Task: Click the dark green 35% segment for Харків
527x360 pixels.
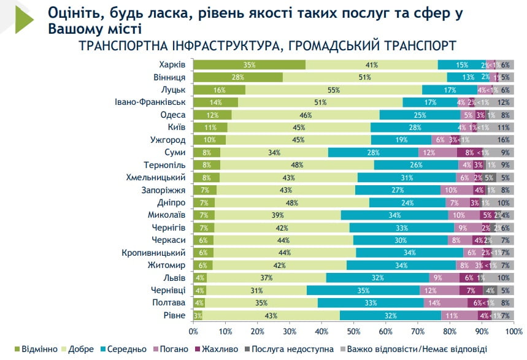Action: click(249, 65)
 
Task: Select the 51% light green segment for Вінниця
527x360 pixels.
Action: click(364, 77)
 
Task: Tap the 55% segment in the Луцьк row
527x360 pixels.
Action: click(333, 90)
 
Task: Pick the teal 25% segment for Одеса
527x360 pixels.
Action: click(420, 115)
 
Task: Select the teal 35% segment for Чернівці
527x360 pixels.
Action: click(363, 290)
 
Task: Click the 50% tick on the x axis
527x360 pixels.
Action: click(353, 331)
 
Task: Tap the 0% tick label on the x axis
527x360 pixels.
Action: click(193, 331)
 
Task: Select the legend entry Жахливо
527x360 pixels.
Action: click(226, 349)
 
